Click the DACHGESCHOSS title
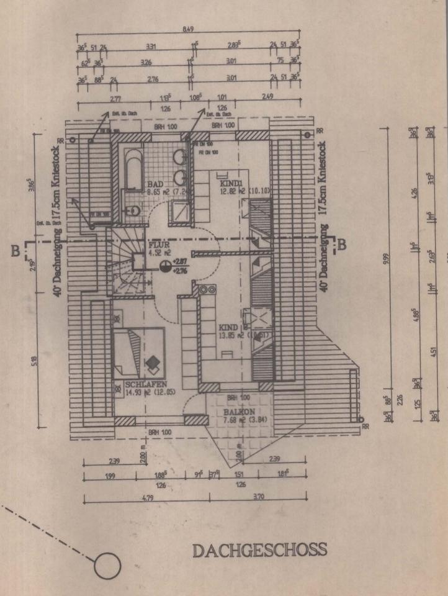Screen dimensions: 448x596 pyautogui.click(x=259, y=550)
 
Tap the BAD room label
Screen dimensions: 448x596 pyautogui.click(x=156, y=184)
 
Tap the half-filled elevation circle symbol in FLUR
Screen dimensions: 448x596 pyautogui.click(x=166, y=266)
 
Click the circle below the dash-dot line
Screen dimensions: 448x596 pyautogui.click(x=107, y=566)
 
